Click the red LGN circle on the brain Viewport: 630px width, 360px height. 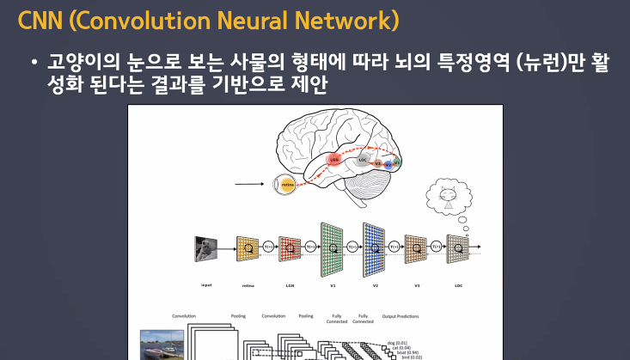[x=335, y=159]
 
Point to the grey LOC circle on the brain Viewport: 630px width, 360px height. [x=363, y=159]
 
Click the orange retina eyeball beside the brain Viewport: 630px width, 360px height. [x=284, y=183]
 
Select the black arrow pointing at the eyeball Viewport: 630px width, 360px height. [x=250, y=183]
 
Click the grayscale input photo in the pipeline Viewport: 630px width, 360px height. [x=206, y=248]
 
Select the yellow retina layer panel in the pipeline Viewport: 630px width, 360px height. [x=248, y=248]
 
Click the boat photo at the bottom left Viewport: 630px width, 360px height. [x=162, y=345]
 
